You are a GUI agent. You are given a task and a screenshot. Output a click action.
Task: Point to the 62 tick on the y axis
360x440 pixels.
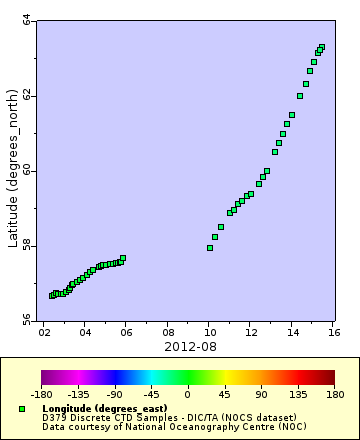click(x=26, y=96)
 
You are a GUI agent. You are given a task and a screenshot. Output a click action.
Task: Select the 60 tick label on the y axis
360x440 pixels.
click(x=26, y=171)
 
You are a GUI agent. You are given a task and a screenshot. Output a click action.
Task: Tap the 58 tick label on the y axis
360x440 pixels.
click(x=26, y=246)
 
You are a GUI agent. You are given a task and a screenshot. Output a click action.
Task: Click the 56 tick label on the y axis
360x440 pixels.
click(x=26, y=321)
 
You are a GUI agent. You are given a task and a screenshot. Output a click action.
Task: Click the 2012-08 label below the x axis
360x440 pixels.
click(x=189, y=346)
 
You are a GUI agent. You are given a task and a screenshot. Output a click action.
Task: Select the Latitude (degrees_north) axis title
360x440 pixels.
click(x=11, y=171)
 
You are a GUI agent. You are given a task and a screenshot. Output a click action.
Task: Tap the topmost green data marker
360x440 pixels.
click(x=322, y=47)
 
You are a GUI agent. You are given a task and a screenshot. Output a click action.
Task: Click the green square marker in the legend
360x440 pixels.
click(x=22, y=409)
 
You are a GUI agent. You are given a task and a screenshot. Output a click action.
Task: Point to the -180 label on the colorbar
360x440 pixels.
click(x=42, y=394)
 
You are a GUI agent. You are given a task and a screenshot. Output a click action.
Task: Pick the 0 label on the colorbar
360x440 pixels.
click(x=187, y=394)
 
